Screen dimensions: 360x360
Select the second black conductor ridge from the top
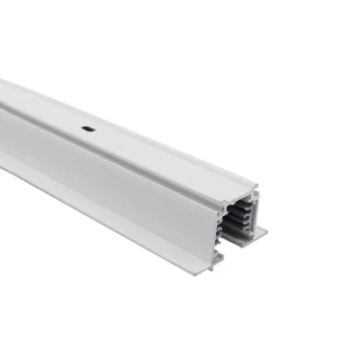pyautogui.click(x=238, y=212)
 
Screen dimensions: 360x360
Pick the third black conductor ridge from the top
pyautogui.click(x=237, y=220)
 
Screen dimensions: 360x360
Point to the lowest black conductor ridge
pyautogui.click(x=235, y=227)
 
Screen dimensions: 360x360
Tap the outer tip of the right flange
pyautogui.click(x=267, y=230)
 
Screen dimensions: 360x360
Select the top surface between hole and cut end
pyautogui.click(x=162, y=160)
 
